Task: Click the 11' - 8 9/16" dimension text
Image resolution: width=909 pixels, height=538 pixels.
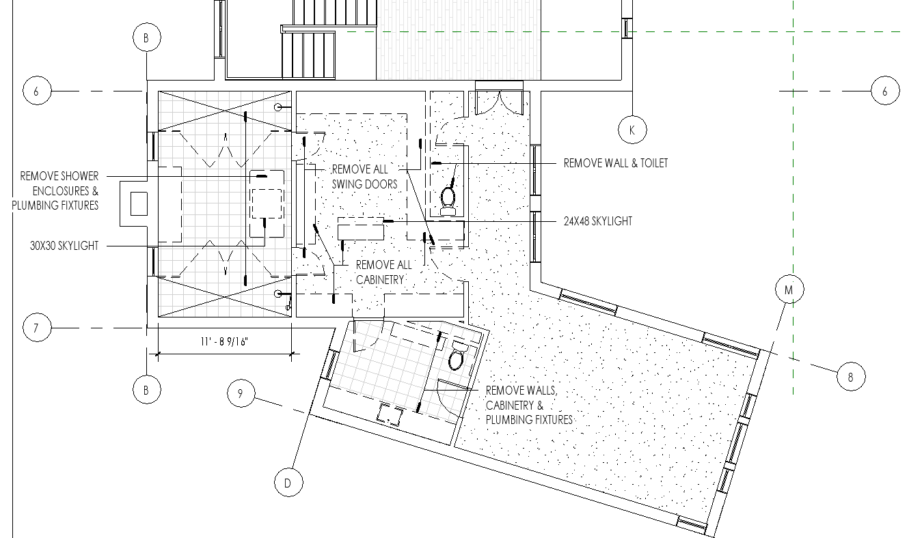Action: tap(224, 341)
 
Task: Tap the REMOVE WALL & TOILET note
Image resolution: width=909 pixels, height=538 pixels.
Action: tap(616, 163)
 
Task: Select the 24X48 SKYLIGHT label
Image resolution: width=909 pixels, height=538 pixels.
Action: tap(598, 221)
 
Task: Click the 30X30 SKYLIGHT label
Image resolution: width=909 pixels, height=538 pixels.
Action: tap(64, 246)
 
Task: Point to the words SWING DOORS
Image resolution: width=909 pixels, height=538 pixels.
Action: tap(364, 184)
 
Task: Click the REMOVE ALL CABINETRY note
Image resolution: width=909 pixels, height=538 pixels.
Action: tap(383, 272)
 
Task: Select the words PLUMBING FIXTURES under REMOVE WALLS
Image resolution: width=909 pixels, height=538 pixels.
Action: tap(529, 420)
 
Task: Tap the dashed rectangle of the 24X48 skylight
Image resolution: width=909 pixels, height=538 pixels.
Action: tap(361, 229)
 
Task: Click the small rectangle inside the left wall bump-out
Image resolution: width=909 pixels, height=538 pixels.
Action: tap(139, 204)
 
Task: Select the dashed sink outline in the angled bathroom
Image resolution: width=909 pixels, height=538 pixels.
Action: tap(390, 415)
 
